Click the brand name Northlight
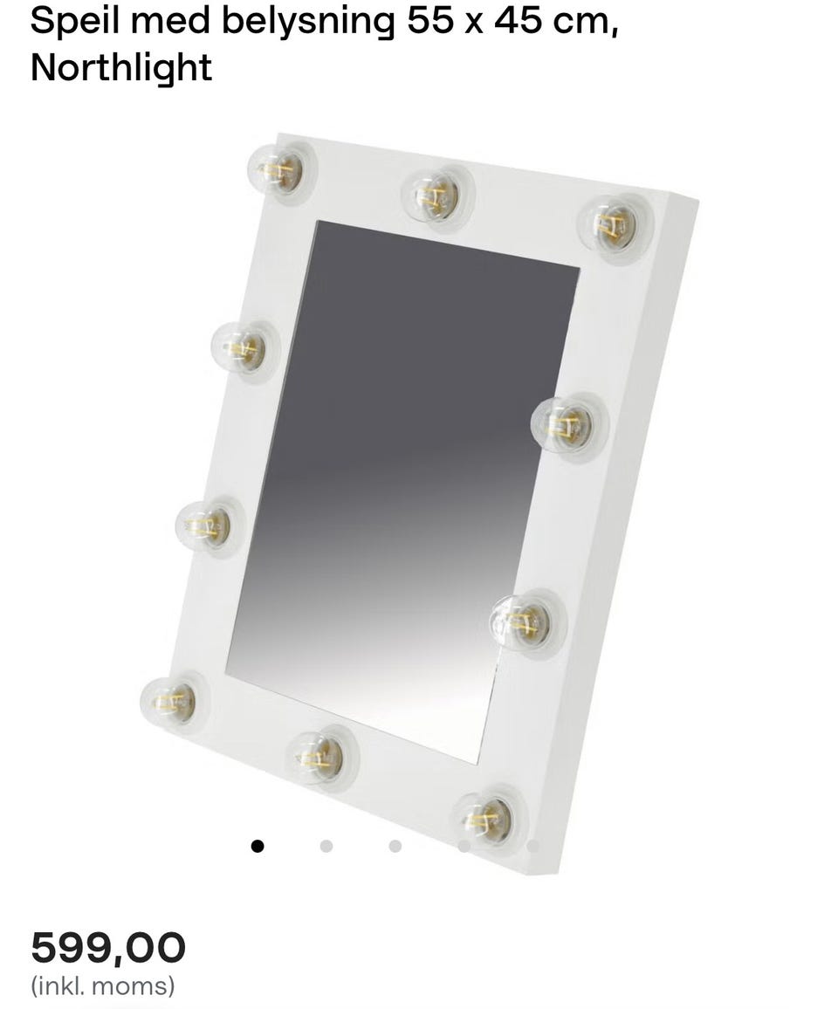click(x=121, y=67)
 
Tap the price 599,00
click(x=108, y=948)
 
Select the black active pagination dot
click(x=258, y=846)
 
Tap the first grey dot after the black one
click(x=326, y=846)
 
